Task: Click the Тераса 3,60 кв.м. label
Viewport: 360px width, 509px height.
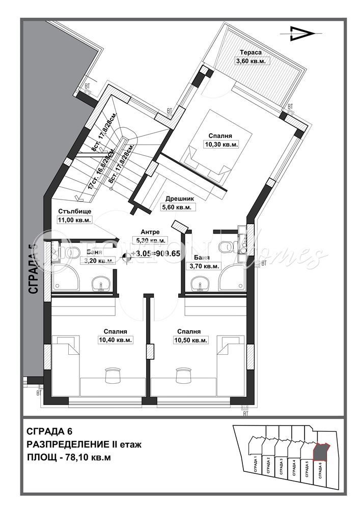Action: click(x=251, y=57)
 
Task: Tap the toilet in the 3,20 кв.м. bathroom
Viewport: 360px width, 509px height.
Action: click(x=69, y=251)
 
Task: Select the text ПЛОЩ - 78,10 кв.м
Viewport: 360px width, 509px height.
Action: click(x=68, y=457)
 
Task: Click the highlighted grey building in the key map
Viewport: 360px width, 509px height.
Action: click(x=321, y=451)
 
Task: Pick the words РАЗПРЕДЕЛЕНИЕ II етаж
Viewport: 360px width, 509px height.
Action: click(x=84, y=444)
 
